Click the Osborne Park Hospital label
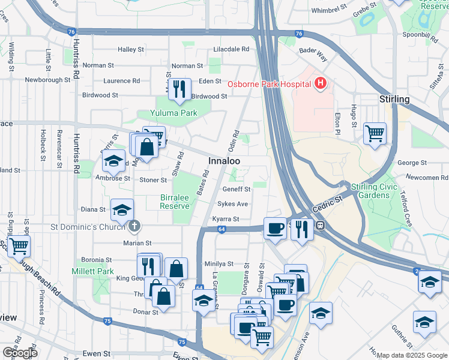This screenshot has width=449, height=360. pyautogui.click(x=267, y=83)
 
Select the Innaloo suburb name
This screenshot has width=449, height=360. pyautogui.click(x=224, y=161)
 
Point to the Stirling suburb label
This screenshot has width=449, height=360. pyautogui.click(x=394, y=99)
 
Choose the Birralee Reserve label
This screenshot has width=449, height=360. pyautogui.click(x=175, y=202)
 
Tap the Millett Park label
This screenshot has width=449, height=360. pyautogui.click(x=97, y=272)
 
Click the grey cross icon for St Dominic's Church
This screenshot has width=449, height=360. pyautogui.click(x=134, y=226)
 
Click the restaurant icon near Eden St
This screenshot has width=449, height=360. pyautogui.click(x=179, y=89)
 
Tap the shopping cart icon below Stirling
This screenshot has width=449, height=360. pyautogui.click(x=375, y=133)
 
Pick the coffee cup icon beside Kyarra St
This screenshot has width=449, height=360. pyautogui.click(x=275, y=228)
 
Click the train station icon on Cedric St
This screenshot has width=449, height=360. pyautogui.click(x=321, y=226)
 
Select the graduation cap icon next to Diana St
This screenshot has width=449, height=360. pyautogui.click(x=122, y=209)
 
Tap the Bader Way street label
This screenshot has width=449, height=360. pyautogui.click(x=314, y=57)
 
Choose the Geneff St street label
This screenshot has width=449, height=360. pyautogui.click(x=237, y=189)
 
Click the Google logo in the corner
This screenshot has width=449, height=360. pyautogui.click(x=20, y=353)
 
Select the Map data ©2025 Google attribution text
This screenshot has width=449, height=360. pyautogui.click(x=412, y=355)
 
